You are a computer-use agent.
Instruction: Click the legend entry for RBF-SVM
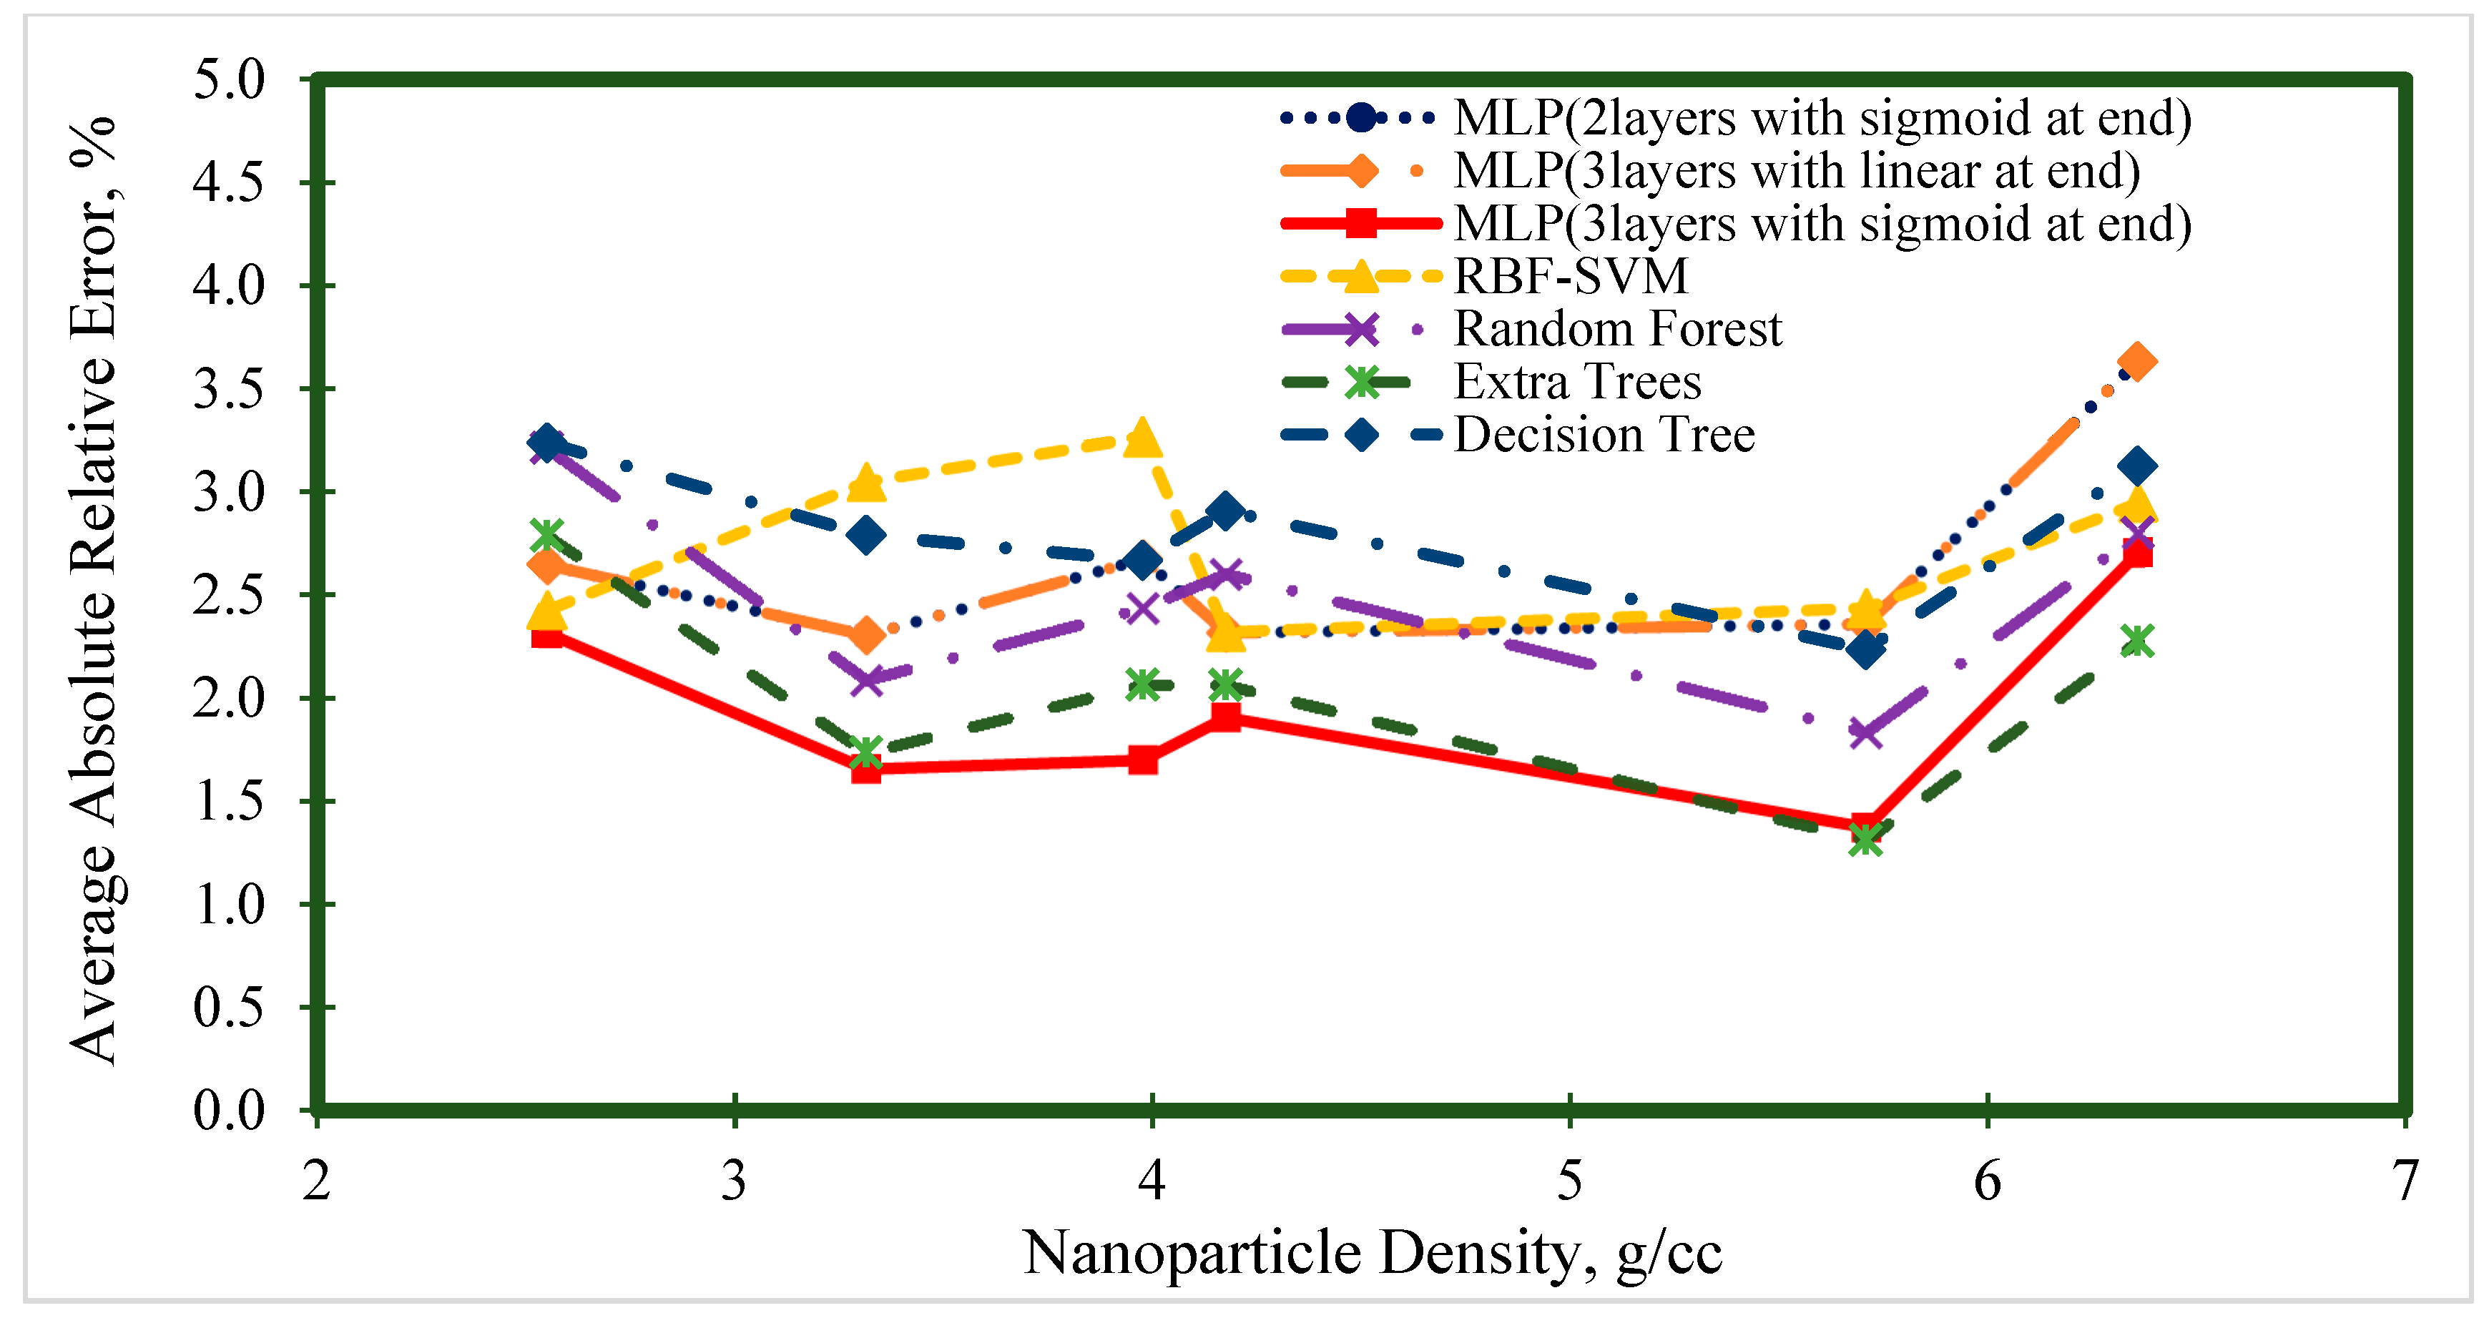tap(1570, 276)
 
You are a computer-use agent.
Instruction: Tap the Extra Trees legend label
tap(1577, 382)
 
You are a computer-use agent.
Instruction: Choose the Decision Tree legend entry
tap(1604, 435)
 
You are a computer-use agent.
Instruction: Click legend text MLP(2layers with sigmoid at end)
tap(1822, 118)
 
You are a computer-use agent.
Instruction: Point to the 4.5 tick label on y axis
tap(228, 182)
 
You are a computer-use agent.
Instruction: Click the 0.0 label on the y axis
tap(228, 1110)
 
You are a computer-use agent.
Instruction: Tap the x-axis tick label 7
tap(2404, 1181)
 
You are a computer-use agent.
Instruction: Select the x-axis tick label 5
tap(1569, 1181)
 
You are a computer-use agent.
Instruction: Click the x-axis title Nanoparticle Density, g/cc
tap(1372, 1253)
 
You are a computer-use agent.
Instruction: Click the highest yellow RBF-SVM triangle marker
tap(1143, 438)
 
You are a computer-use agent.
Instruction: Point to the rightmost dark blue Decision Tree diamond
tap(2136, 467)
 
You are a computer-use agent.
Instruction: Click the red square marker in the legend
tap(1361, 223)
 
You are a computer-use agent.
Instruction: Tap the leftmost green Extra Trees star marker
tap(547, 533)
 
